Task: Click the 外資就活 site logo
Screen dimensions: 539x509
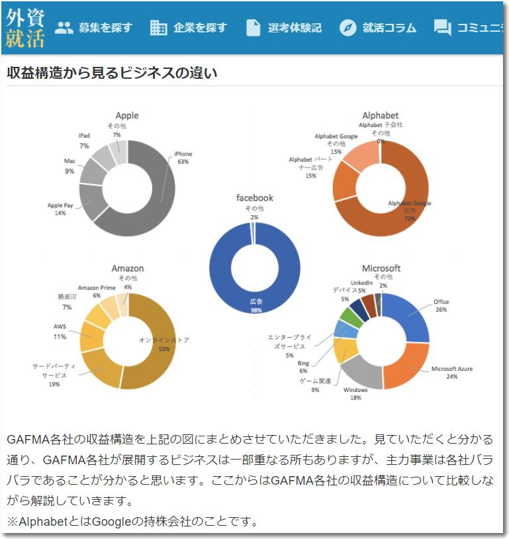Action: point(25,28)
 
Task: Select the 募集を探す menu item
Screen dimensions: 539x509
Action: point(93,28)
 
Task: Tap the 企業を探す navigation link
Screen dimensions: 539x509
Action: point(189,28)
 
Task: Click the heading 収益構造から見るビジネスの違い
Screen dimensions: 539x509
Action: point(112,73)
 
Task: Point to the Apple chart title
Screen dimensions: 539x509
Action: point(127,116)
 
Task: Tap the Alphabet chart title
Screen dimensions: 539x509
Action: point(381,116)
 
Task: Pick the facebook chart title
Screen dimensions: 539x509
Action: point(255,198)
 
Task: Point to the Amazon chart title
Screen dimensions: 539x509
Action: point(127,269)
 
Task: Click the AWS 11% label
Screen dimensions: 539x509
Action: point(60,332)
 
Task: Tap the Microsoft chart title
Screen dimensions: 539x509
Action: point(381,269)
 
